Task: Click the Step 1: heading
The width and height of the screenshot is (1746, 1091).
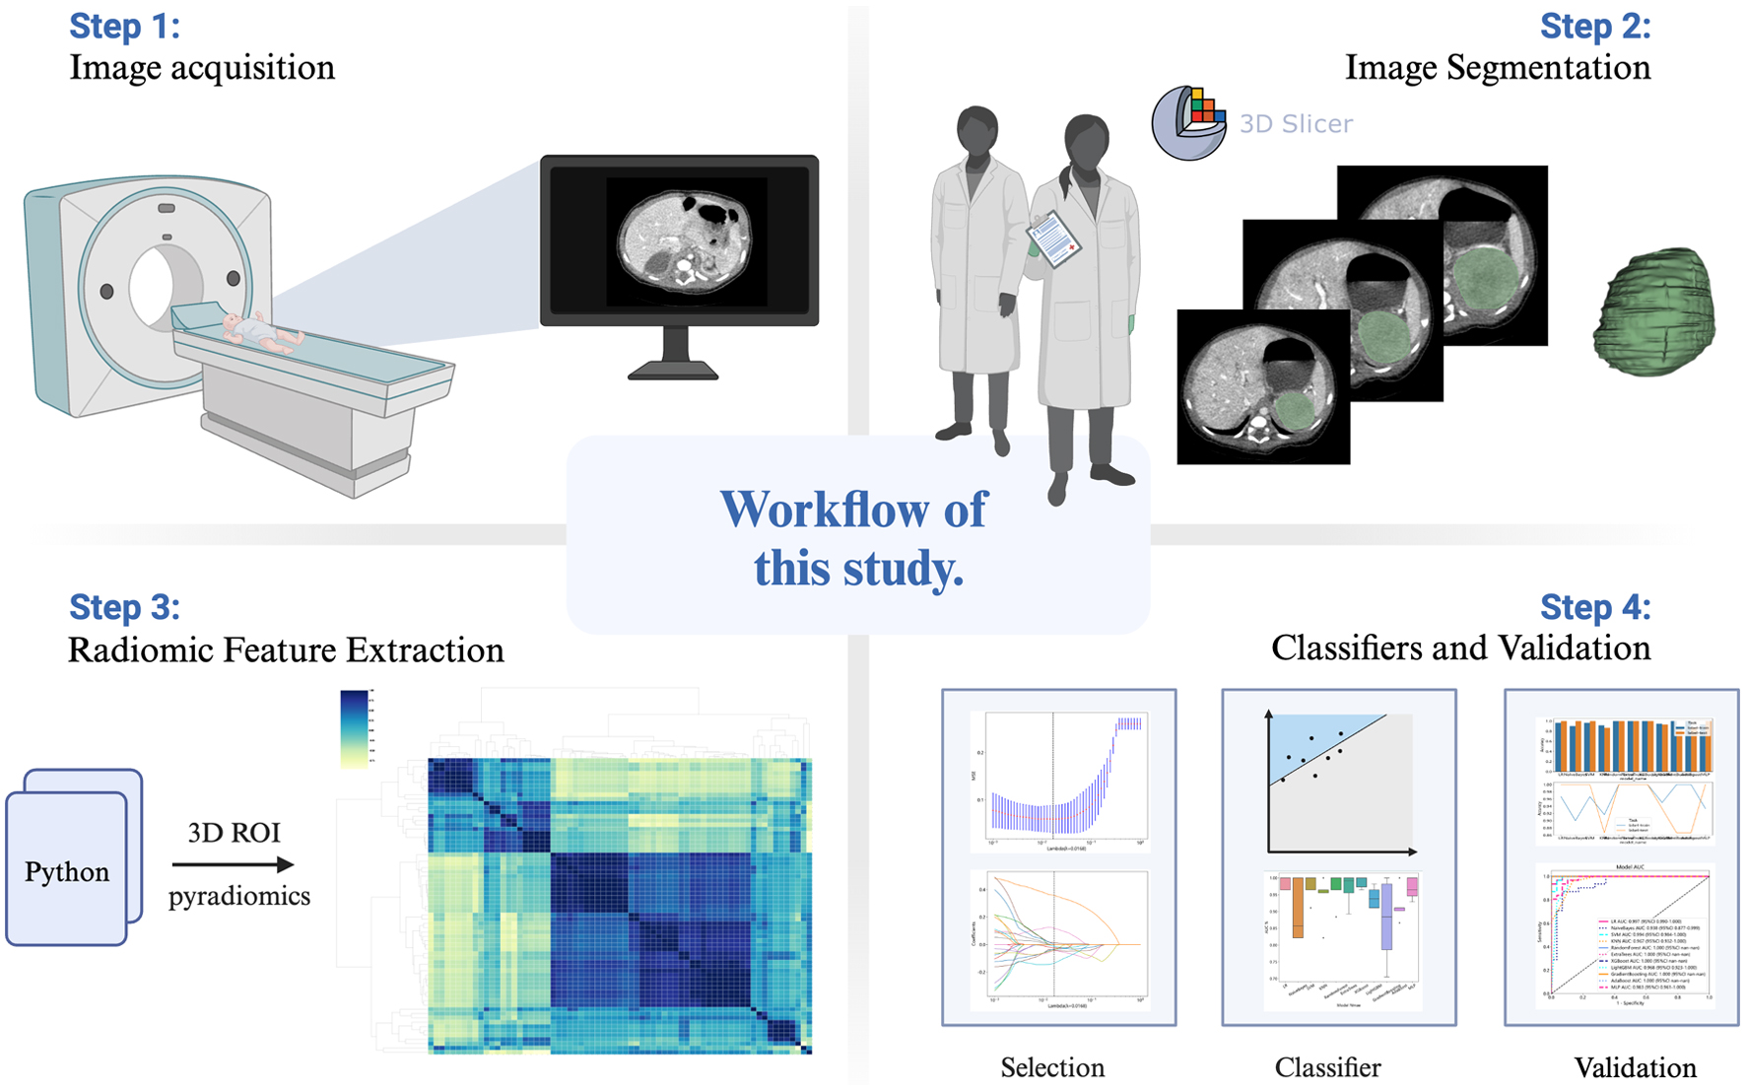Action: pyautogui.click(x=124, y=27)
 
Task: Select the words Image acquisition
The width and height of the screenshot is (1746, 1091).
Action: pyautogui.click(x=202, y=68)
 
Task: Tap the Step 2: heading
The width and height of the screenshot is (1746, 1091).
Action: pyautogui.click(x=1594, y=27)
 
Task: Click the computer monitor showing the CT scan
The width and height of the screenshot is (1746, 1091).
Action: pyautogui.click(x=679, y=240)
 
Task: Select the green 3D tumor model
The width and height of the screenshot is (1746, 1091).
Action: pyautogui.click(x=1654, y=311)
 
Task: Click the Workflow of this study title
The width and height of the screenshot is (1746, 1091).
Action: pyautogui.click(x=855, y=538)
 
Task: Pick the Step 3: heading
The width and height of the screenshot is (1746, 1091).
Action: pyautogui.click(x=124, y=607)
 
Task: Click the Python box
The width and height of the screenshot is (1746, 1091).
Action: pyautogui.click(x=67, y=870)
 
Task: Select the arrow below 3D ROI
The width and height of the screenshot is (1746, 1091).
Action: pyautogui.click(x=234, y=865)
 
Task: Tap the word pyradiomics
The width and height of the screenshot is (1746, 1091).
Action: pyautogui.click(x=238, y=897)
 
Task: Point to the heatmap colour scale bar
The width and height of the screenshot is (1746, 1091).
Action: pyautogui.click(x=354, y=728)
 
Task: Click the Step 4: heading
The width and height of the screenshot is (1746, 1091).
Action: pyautogui.click(x=1594, y=607)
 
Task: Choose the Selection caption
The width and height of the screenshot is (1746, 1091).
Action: pyautogui.click(x=1052, y=1067)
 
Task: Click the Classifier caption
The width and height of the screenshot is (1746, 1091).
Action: pyautogui.click(x=1327, y=1067)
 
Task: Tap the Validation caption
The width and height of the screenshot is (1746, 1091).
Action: pyautogui.click(x=1635, y=1067)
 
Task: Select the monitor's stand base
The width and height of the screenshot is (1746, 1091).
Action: pyautogui.click(x=674, y=372)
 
